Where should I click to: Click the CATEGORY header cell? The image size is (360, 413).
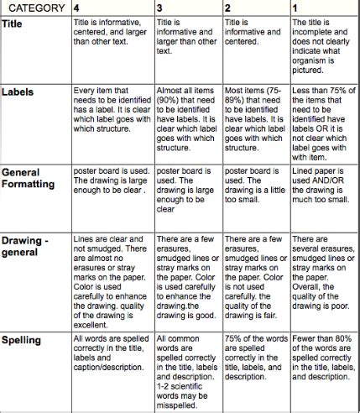coord(35,8)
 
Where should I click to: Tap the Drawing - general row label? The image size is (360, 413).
coord(29,248)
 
